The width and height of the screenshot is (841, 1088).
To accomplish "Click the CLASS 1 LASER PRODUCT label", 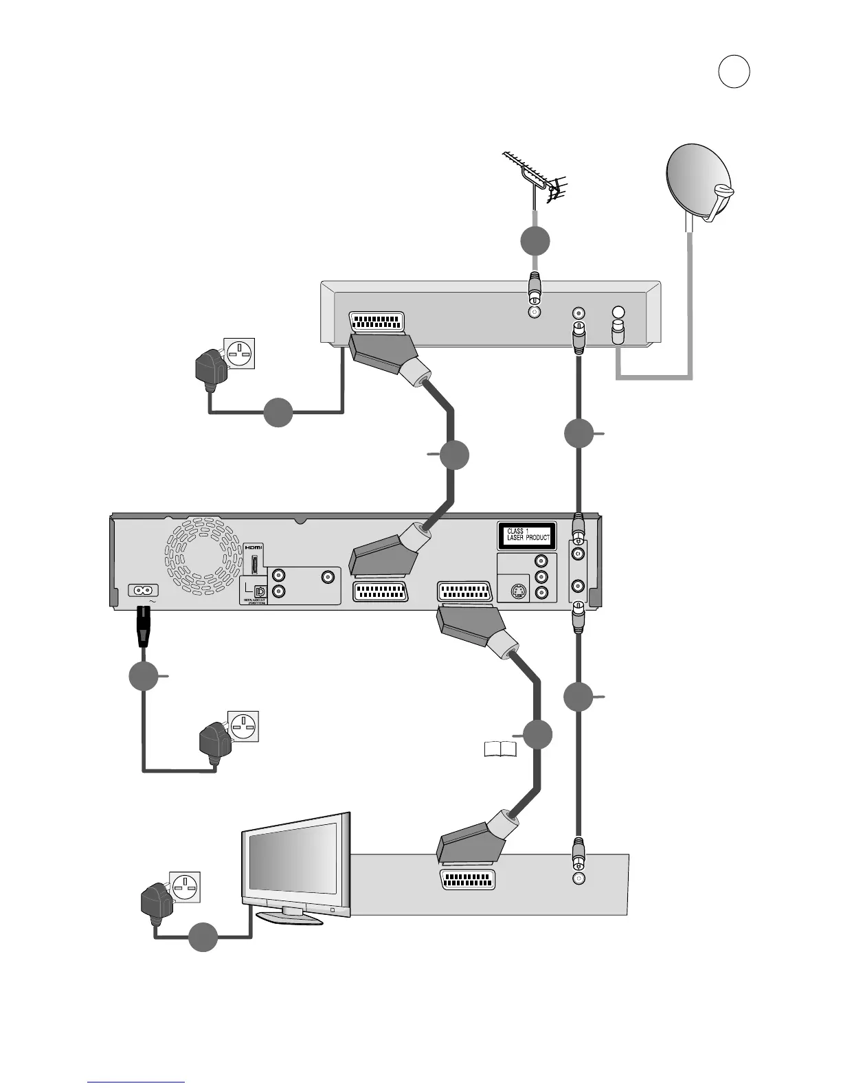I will point(527,534).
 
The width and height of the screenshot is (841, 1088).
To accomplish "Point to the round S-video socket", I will point(519,592).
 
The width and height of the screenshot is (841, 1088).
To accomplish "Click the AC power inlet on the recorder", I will point(144,590).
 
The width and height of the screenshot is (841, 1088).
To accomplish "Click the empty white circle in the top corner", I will point(734,72).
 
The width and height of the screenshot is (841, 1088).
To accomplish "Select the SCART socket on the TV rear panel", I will point(467,879).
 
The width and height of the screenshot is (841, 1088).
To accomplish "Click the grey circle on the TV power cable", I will point(203,938).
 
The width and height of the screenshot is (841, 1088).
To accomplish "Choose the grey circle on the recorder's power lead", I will point(144,677).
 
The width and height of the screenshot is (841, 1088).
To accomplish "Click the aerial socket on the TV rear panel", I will point(579,879).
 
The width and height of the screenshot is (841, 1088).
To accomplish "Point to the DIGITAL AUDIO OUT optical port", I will point(260,591).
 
